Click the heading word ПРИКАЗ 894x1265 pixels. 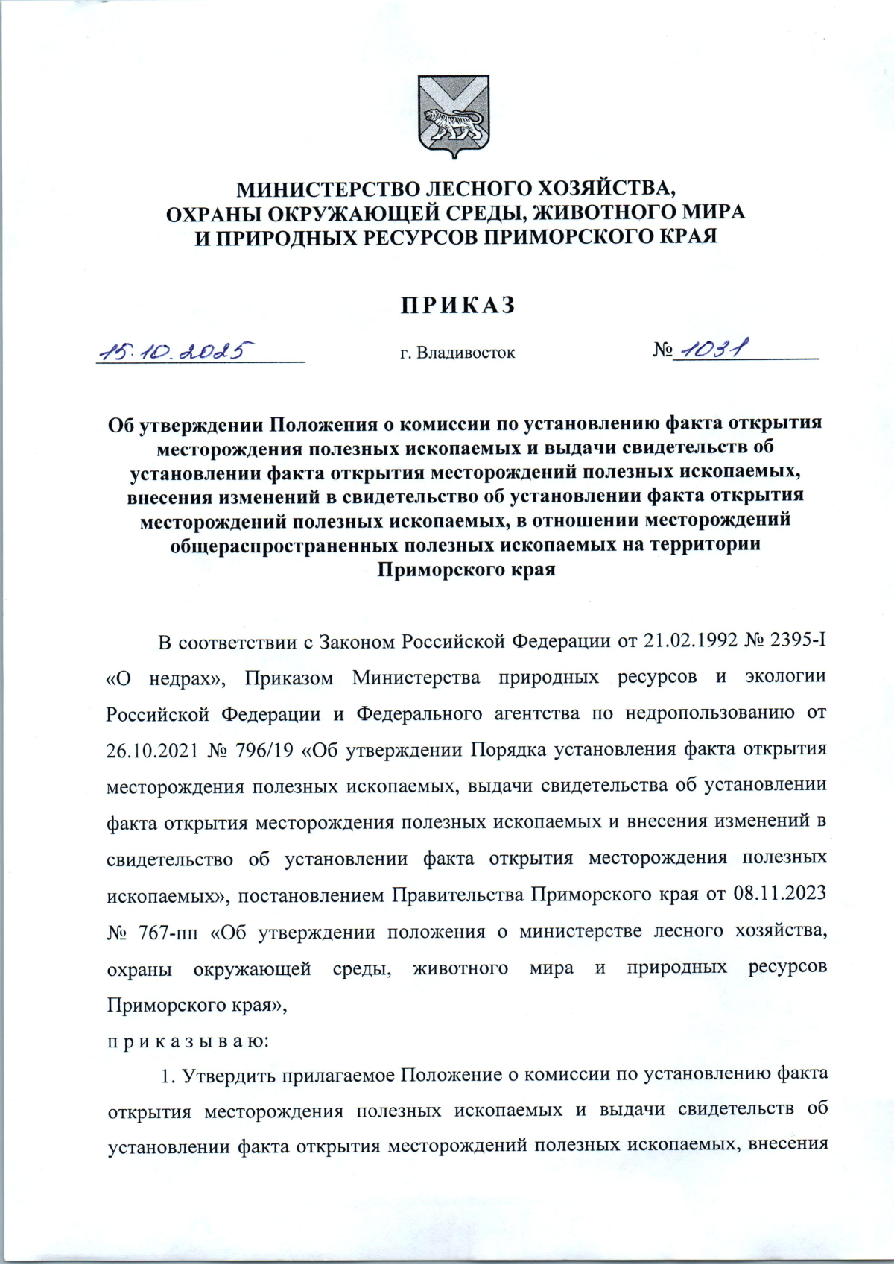[x=458, y=306]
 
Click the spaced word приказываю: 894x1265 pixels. [x=188, y=1041]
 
